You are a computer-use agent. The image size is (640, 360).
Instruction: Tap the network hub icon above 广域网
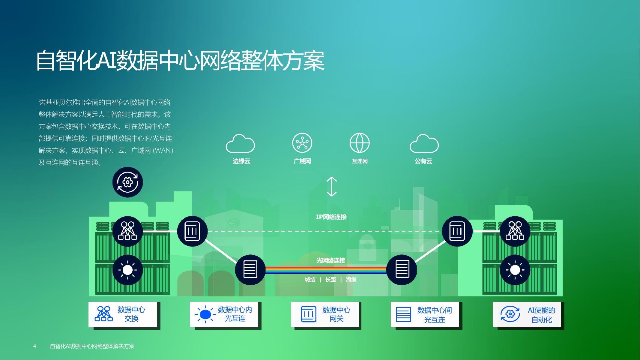pos(302,143)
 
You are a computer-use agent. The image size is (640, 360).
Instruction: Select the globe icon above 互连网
pos(360,143)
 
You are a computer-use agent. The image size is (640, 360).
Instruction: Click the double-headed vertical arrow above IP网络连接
pos(331,187)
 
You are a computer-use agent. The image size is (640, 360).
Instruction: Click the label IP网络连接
pos(331,217)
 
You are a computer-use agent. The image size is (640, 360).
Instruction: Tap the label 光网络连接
pos(331,260)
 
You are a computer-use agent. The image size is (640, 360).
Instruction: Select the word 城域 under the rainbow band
pos(310,280)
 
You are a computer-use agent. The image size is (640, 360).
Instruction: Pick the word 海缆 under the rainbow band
pos(351,280)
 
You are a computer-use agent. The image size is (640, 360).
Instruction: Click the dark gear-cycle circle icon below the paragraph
pos(128,182)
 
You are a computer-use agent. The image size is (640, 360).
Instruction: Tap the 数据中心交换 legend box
pos(123,314)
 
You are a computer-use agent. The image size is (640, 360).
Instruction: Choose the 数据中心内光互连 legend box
pos(224,314)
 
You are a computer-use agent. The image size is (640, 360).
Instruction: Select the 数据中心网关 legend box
pos(325,314)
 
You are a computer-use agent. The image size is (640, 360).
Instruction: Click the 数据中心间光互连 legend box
pos(425,314)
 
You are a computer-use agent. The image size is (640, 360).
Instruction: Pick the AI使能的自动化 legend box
pos(527,314)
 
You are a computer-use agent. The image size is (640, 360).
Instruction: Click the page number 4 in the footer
pos(34,346)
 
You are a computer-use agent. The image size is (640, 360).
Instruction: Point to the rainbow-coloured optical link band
pos(326,270)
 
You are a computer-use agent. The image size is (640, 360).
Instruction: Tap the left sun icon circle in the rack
pos(128,270)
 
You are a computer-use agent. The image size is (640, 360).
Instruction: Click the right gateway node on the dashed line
pos(457,231)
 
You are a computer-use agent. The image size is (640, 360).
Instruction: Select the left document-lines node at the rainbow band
pos(250,269)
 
